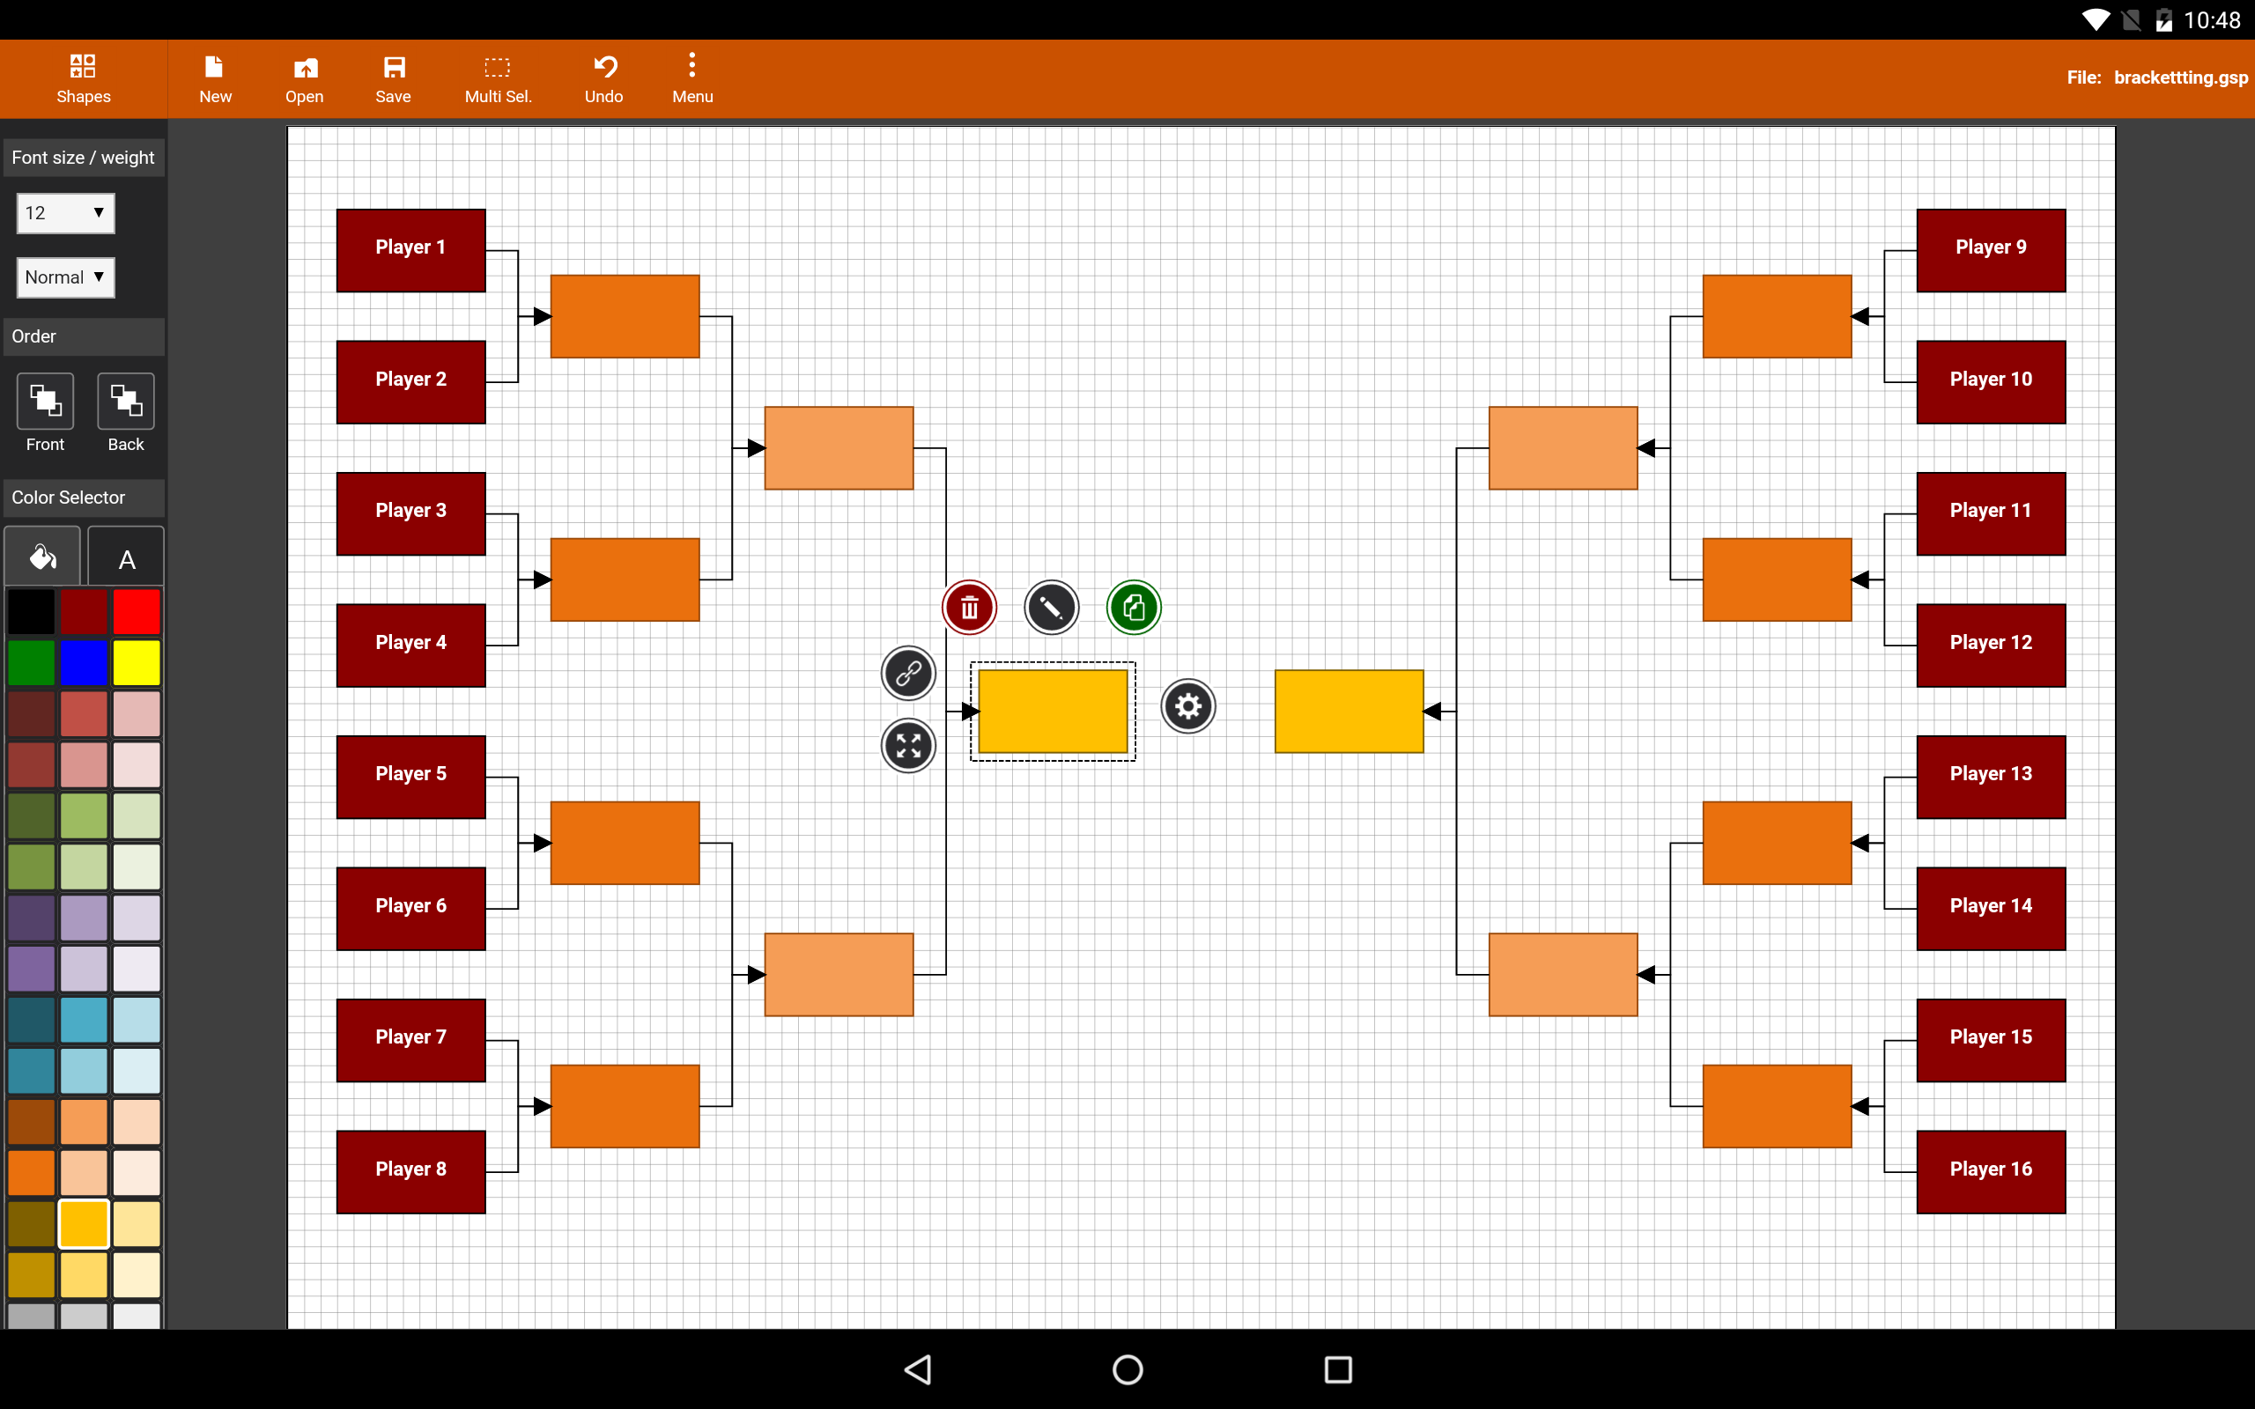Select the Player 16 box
click(x=1991, y=1171)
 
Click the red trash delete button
click(x=969, y=608)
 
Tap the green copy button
click(x=1133, y=608)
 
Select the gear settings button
click(x=1188, y=706)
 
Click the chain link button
click(x=908, y=673)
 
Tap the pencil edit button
click(x=1051, y=608)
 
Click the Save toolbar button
click(x=393, y=78)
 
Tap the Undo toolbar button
click(x=603, y=78)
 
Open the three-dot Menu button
click(x=692, y=78)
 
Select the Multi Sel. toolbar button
click(x=498, y=78)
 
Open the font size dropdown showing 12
click(x=65, y=213)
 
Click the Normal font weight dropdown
click(x=65, y=277)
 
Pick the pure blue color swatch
click(x=84, y=662)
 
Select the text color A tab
click(x=127, y=558)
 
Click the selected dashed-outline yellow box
click(x=1053, y=711)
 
